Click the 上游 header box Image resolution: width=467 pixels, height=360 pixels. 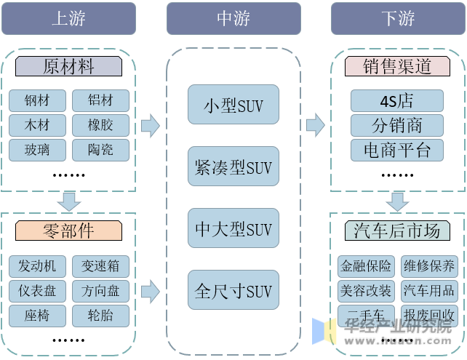pyautogui.click(x=68, y=18)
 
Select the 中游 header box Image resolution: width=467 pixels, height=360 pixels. pyautogui.click(x=233, y=18)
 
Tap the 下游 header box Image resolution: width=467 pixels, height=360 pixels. pyautogui.click(x=397, y=18)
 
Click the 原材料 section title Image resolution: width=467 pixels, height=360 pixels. pyautogui.click(x=68, y=67)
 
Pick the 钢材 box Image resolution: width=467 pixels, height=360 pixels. pyautogui.click(x=37, y=100)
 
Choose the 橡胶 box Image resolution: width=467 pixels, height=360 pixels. pyautogui.click(x=100, y=125)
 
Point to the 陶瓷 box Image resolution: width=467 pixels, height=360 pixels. pyautogui.click(x=100, y=150)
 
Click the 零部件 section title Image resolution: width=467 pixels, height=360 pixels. pyautogui.click(x=68, y=231)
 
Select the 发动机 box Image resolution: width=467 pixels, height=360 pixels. pyautogui.click(x=37, y=265)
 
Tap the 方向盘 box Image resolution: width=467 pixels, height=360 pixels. pyautogui.click(x=100, y=291)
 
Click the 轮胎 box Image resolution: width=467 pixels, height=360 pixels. pyautogui.click(x=100, y=316)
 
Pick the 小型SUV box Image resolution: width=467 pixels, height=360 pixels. pyautogui.click(x=233, y=105)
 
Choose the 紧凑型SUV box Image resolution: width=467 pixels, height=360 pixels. pyautogui.click(x=233, y=167)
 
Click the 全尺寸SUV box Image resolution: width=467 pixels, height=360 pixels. pyautogui.click(x=233, y=291)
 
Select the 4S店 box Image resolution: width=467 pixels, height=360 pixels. pyautogui.click(x=396, y=100)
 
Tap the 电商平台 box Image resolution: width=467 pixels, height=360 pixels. pyautogui.click(x=396, y=150)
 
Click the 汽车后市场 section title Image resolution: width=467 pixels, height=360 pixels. pyautogui.click(x=396, y=231)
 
